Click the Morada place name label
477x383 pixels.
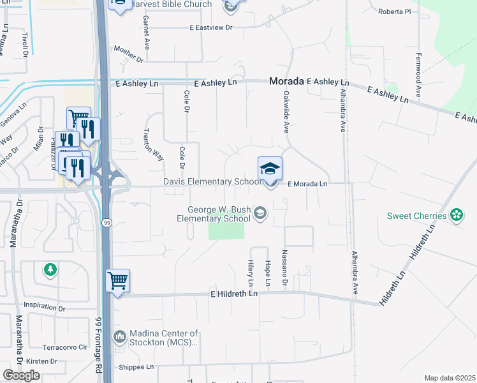tap(287, 82)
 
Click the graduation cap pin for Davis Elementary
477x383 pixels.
tap(270, 170)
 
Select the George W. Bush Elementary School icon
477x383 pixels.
tap(260, 213)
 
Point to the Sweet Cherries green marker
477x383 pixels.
tap(456, 215)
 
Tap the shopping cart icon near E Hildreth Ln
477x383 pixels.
tap(118, 280)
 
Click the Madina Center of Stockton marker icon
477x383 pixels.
tap(119, 336)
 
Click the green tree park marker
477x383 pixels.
tap(50, 270)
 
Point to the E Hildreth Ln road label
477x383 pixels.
tap(234, 294)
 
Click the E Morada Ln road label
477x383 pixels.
tap(307, 184)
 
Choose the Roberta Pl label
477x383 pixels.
tap(395, 11)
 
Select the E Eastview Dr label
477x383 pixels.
tap(212, 28)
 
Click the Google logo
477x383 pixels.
tap(22, 375)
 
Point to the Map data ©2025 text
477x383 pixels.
tap(450, 378)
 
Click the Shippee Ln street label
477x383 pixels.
tap(136, 367)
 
